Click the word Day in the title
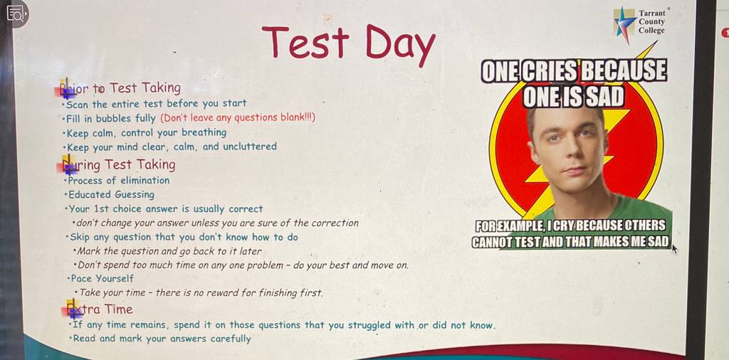coord(400,45)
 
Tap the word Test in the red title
coord(305,41)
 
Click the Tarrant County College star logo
coord(624,23)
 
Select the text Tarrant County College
coord(652,22)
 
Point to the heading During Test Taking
coord(120,165)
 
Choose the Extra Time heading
coord(100,309)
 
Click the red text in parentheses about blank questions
coord(238,117)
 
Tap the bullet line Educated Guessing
coord(110,195)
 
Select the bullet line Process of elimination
coord(117,180)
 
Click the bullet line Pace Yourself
coord(100,279)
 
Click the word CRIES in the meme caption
coord(550,71)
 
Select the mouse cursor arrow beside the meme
coord(675,250)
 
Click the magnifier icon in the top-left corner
coord(15,14)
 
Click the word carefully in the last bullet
coord(231,339)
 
